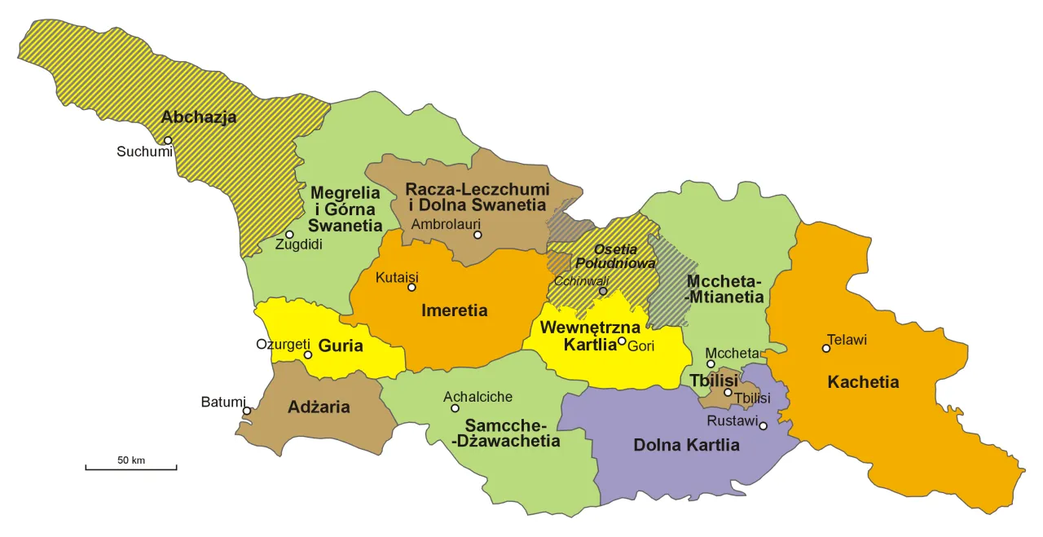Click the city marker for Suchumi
(169, 140)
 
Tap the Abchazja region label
(199, 117)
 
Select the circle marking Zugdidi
(289, 235)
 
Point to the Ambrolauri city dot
(477, 235)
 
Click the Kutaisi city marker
(411, 287)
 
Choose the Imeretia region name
(454, 310)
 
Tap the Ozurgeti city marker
(308, 354)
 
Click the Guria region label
(341, 346)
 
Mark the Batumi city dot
(247, 411)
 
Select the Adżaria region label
(319, 407)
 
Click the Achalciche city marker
(455, 408)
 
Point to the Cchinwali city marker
(603, 291)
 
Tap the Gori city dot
(622, 341)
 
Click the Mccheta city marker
(711, 364)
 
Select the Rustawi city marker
(763, 425)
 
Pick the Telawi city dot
(826, 348)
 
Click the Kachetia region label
(863, 382)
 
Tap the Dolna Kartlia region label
(686, 446)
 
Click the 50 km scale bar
(131, 468)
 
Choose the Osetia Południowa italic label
(615, 257)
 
